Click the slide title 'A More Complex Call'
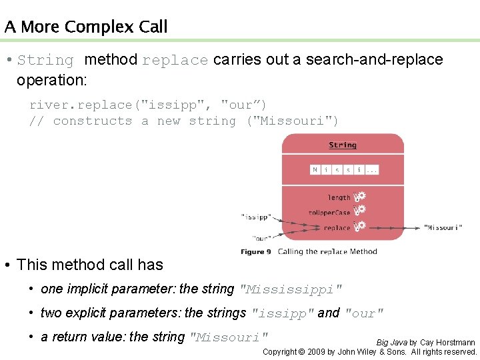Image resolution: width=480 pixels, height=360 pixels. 85,27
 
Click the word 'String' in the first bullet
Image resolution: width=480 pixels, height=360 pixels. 45,60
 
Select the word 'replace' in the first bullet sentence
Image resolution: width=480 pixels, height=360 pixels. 175,60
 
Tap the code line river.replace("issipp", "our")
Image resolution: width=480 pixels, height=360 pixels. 148,105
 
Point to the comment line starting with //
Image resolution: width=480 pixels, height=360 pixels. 183,121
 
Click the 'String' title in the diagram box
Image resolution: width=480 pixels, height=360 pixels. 343,145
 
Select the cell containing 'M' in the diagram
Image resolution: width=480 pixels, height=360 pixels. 315,170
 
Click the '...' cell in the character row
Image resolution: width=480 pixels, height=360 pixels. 372,170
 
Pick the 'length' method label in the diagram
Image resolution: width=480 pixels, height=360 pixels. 339,197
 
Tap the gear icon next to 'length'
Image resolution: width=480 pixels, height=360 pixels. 359,197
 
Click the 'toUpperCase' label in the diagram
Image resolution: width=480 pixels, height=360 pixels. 329,213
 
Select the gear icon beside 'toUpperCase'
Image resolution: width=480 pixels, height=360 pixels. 359,211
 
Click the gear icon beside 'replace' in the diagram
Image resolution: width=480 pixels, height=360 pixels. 359,227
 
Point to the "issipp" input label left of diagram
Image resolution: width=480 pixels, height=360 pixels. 256,217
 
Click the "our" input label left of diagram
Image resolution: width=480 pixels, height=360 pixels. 261,238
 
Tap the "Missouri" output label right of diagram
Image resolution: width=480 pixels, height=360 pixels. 443,227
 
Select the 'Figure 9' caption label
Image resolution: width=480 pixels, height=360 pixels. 255,252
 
